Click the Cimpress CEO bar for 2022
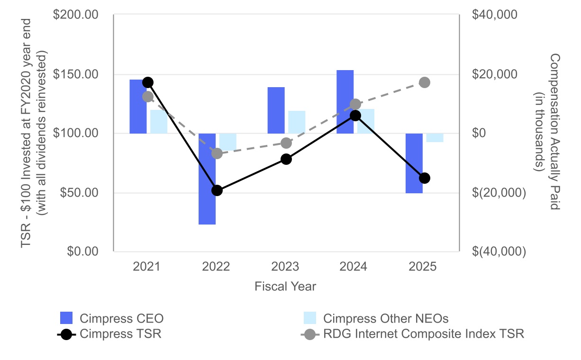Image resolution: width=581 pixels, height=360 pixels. click(207, 179)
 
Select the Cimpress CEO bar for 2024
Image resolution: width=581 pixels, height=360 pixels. click(345, 102)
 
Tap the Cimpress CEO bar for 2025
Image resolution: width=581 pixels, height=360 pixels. click(414, 163)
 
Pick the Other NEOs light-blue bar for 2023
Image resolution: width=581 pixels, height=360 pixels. click(297, 122)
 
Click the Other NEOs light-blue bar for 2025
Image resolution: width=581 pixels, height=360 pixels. click(435, 138)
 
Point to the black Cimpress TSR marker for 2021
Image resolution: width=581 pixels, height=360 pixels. click(147, 82)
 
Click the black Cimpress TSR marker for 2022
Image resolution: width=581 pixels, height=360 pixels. click(217, 190)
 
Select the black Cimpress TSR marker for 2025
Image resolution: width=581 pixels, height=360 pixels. click(425, 178)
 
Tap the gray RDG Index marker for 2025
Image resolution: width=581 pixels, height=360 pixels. click(425, 82)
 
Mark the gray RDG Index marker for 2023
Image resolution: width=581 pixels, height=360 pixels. click(286, 143)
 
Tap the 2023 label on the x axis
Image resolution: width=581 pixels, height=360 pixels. click(285, 267)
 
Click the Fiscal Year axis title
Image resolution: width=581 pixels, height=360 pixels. click(285, 287)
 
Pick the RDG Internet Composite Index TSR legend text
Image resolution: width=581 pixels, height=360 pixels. click(424, 334)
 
